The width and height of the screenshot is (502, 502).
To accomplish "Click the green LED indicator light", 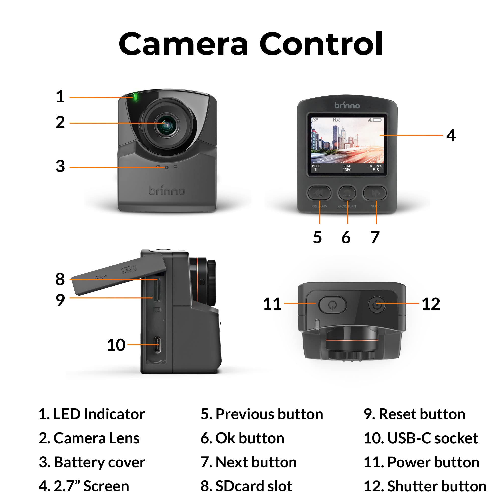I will (x=135, y=97).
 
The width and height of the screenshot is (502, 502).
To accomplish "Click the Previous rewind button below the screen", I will (x=319, y=193).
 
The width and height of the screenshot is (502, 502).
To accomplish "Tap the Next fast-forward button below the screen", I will (x=375, y=193).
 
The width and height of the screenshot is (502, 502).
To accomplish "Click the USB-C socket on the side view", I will (x=157, y=345).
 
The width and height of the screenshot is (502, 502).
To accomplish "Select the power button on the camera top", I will (x=332, y=305).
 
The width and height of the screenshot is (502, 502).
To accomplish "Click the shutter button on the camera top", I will (x=377, y=304).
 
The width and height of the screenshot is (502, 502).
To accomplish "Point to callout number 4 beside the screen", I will (x=451, y=135).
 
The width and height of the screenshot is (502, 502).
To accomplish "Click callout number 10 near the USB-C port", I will (x=116, y=345).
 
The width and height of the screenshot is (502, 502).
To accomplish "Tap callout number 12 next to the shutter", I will (x=431, y=303).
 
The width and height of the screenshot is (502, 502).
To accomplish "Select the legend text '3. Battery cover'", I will (x=92, y=462).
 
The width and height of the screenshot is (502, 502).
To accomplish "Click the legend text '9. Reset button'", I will (x=414, y=414).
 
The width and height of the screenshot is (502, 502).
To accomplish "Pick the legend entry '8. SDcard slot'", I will (x=246, y=486).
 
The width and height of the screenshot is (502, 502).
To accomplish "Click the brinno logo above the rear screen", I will (x=347, y=105).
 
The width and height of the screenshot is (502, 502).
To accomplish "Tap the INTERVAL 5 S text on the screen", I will (x=375, y=168).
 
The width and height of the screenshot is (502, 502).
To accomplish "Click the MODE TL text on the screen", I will (x=316, y=168).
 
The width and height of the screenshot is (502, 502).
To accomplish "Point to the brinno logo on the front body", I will (x=167, y=190).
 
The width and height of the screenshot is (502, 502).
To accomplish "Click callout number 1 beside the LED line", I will (x=60, y=97).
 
